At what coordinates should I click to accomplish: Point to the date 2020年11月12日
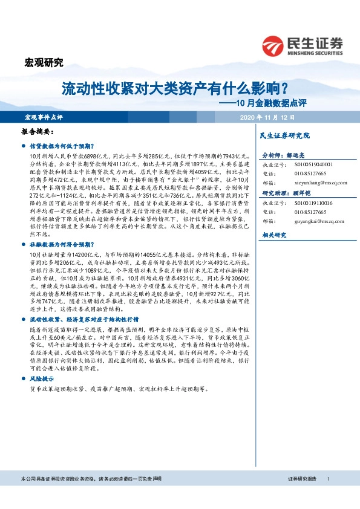267,117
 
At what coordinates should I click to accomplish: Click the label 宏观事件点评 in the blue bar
43,117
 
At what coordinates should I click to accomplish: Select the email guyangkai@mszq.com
319,221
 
